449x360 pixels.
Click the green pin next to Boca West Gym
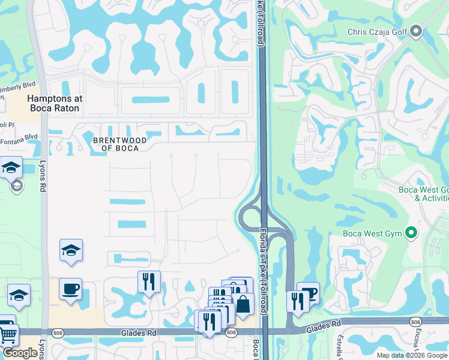click(x=411, y=233)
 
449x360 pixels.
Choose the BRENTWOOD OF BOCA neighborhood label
click(x=120, y=144)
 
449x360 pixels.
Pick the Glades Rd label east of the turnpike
click(x=324, y=329)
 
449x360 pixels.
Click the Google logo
click(x=20, y=353)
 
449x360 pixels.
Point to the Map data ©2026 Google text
click(x=412, y=355)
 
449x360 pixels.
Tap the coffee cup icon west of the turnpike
click(x=70, y=289)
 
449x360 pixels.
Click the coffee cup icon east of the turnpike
click(x=309, y=293)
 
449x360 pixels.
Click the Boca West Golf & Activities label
click(x=424, y=194)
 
